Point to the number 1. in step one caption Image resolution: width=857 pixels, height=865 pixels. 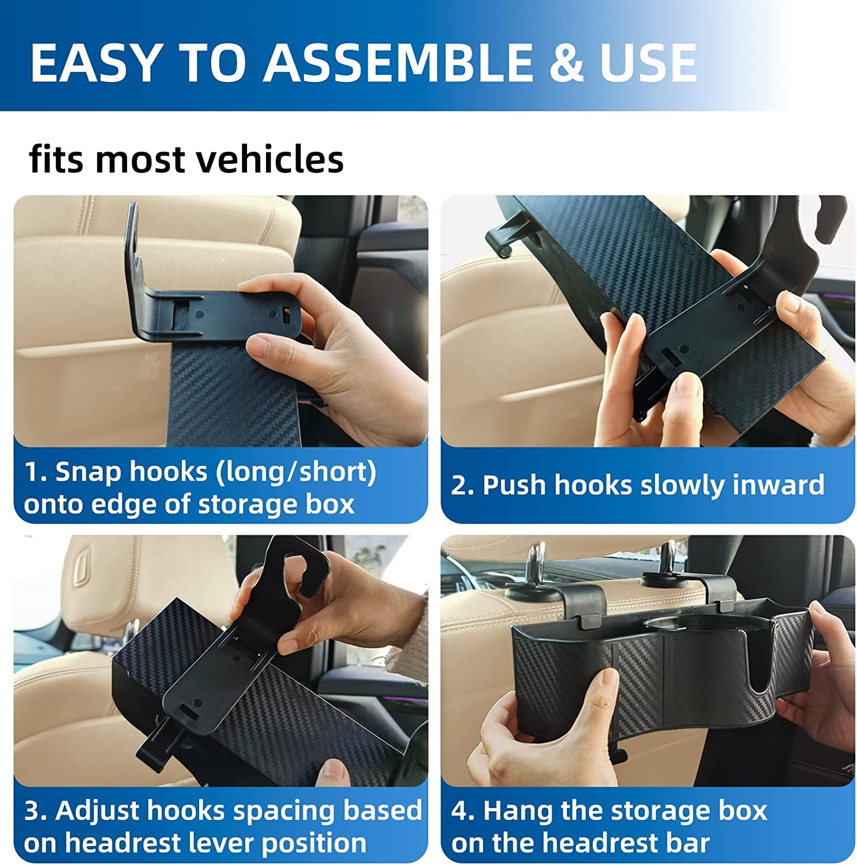tap(35, 472)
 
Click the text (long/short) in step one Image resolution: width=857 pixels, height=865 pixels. tap(295, 472)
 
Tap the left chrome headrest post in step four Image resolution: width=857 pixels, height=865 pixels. tap(537, 559)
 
